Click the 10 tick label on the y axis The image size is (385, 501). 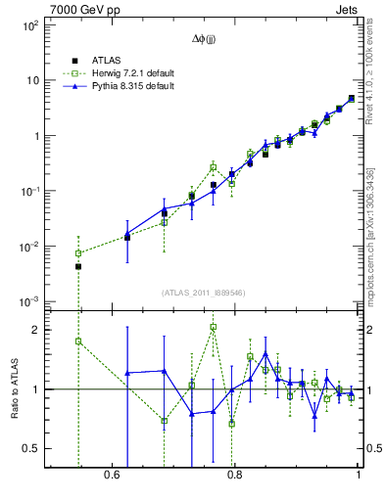click(31, 80)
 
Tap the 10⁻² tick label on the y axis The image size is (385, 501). click(29, 247)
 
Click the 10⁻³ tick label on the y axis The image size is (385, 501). click(29, 301)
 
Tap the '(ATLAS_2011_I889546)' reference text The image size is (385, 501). click(203, 292)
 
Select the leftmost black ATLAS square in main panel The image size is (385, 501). click(78, 266)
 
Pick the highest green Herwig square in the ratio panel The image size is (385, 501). click(213, 327)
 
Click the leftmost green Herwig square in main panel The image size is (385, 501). click(78, 253)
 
